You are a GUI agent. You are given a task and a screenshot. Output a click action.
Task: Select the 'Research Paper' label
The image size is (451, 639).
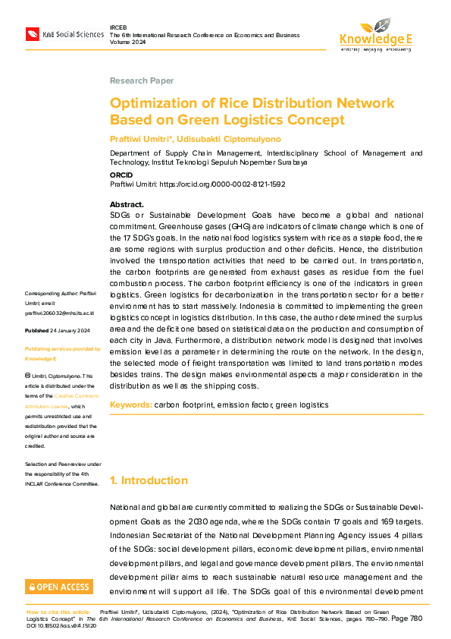[142, 80]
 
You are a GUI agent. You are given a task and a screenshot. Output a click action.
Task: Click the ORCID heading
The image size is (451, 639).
[121, 175]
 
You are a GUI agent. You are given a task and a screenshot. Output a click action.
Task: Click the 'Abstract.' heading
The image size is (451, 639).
[127, 205]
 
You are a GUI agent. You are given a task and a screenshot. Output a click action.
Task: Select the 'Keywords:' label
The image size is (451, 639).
[130, 405]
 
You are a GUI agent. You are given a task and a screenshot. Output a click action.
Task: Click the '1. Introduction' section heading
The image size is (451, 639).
[149, 480]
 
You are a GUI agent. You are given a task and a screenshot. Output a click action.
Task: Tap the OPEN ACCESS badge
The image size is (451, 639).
[59, 587]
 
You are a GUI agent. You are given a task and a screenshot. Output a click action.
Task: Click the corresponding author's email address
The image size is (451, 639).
[60, 312]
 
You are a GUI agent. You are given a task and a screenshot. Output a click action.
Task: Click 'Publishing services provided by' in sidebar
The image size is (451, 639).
[62, 349]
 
